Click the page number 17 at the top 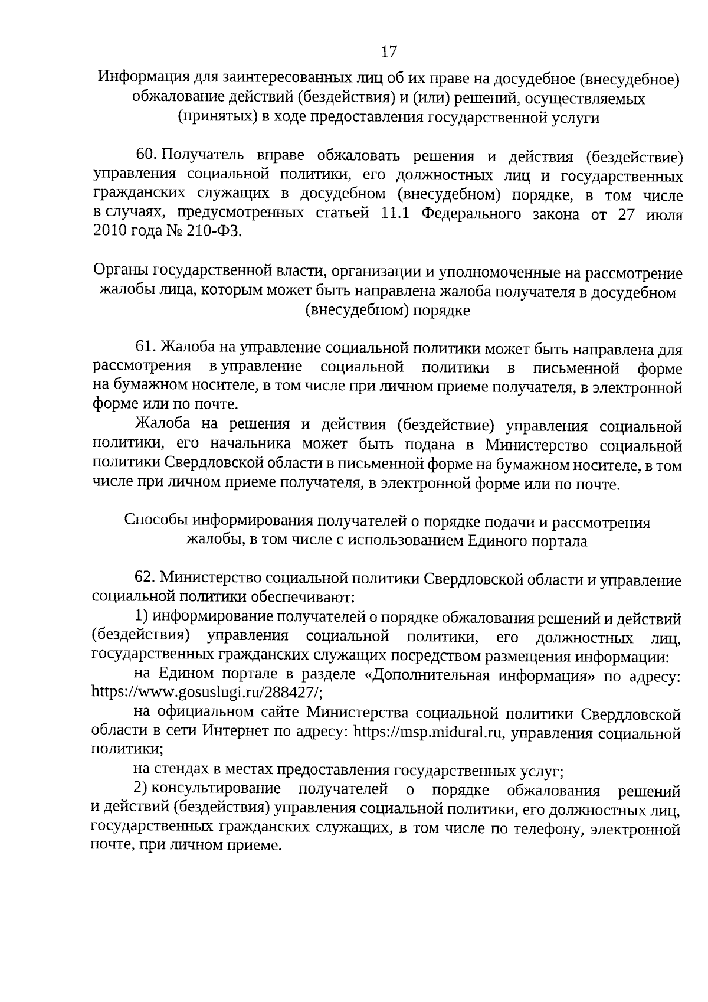[x=389, y=52]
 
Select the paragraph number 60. [x=145, y=155]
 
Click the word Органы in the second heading [x=122, y=272]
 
